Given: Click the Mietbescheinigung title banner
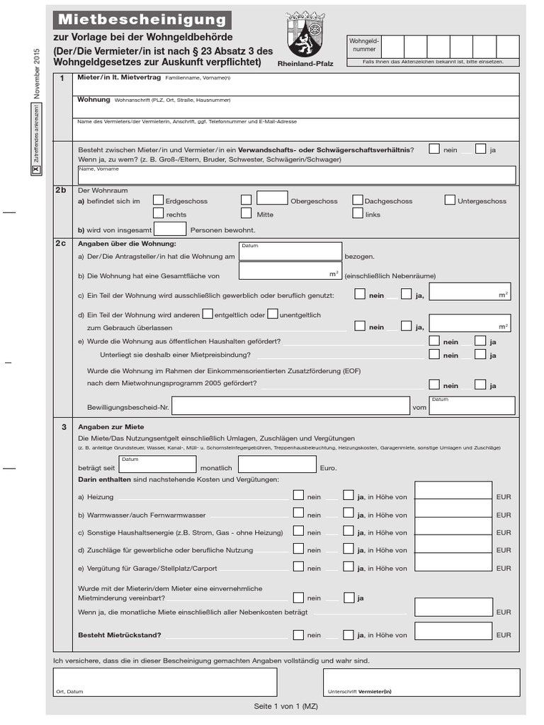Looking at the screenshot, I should [x=142, y=20].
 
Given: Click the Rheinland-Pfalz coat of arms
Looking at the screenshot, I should [x=305, y=35].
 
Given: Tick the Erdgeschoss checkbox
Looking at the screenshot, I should [x=158, y=200].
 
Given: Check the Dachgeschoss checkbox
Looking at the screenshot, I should [x=358, y=200].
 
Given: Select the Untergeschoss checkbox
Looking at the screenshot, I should [x=450, y=200].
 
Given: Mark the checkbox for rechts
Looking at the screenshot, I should [x=158, y=213].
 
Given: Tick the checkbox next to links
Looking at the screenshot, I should [x=358, y=213].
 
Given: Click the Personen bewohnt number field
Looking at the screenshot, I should [x=170, y=229].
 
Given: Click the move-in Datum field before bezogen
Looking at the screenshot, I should [x=290, y=251].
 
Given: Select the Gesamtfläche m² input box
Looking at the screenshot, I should [x=290, y=271].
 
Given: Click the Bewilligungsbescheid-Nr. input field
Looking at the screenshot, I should [x=290, y=406].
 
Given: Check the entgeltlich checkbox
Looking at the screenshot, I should [x=208, y=314].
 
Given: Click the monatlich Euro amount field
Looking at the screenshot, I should [x=276, y=464].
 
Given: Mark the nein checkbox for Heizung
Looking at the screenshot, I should [x=299, y=496].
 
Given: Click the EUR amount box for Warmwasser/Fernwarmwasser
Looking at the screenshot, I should [x=453, y=512].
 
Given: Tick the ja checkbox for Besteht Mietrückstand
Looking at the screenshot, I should [x=348, y=634].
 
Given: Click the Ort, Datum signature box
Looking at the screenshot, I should [x=165, y=682].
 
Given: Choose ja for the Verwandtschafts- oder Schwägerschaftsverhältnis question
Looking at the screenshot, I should [x=480, y=149].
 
